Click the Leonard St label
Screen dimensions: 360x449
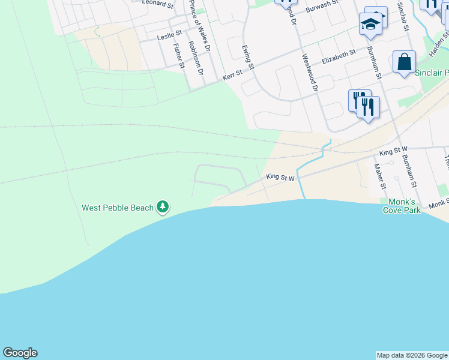[x=158, y=4]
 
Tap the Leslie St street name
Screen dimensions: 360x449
[x=169, y=37]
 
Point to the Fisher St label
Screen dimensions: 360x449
[x=177, y=55]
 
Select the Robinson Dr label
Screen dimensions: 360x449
[x=195, y=58]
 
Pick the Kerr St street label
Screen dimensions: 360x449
[x=232, y=75]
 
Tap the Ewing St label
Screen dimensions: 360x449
[x=247, y=58]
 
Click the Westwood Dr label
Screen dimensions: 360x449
[x=309, y=73]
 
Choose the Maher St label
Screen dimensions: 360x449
[x=379, y=177]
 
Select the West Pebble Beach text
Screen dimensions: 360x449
[x=118, y=208]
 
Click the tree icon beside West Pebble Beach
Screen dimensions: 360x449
[x=163, y=208]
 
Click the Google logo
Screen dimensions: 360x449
[x=20, y=353]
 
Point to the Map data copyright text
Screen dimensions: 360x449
[x=412, y=355]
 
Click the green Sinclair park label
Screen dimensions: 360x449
[x=432, y=73]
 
